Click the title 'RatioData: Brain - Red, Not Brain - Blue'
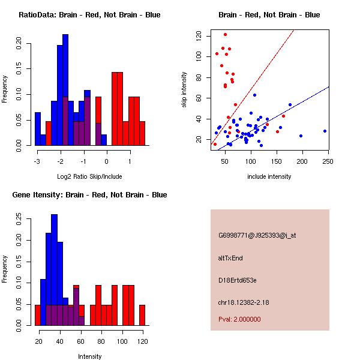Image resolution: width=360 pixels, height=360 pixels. (89, 15)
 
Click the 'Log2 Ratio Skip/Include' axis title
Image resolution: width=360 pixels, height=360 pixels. (89, 176)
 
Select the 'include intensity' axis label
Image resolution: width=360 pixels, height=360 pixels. (269, 176)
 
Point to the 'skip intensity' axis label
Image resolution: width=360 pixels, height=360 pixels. (184, 89)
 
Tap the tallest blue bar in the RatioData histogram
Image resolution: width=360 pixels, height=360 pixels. (65, 90)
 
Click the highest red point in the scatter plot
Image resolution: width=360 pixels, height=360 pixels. (225, 34)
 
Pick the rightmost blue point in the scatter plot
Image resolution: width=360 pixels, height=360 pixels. (325, 131)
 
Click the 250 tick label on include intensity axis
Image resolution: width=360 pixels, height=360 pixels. (328, 161)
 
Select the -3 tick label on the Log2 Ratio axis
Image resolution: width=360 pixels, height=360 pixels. (37, 161)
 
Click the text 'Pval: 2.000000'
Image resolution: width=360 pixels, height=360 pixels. (239, 319)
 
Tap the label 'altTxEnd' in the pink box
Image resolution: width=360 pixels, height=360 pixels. (230, 258)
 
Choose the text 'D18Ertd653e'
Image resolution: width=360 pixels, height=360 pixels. (238, 280)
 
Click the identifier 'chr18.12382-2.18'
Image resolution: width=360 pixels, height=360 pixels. (244, 302)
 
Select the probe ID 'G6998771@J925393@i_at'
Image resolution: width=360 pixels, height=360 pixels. (257, 236)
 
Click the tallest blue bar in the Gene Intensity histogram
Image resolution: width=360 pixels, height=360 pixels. (55, 270)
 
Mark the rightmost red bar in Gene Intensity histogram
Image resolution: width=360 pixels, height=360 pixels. (142, 315)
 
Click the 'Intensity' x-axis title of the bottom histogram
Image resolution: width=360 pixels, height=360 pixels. (89, 356)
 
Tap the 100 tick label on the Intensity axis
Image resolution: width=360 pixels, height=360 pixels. (122, 341)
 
